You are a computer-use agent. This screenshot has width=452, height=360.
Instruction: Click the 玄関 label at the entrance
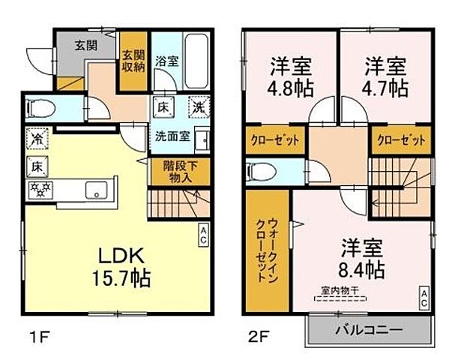click(x=84, y=44)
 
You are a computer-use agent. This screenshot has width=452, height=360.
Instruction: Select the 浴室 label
click(x=166, y=61)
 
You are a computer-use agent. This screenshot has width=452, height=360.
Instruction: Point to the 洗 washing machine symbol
click(x=197, y=106)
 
